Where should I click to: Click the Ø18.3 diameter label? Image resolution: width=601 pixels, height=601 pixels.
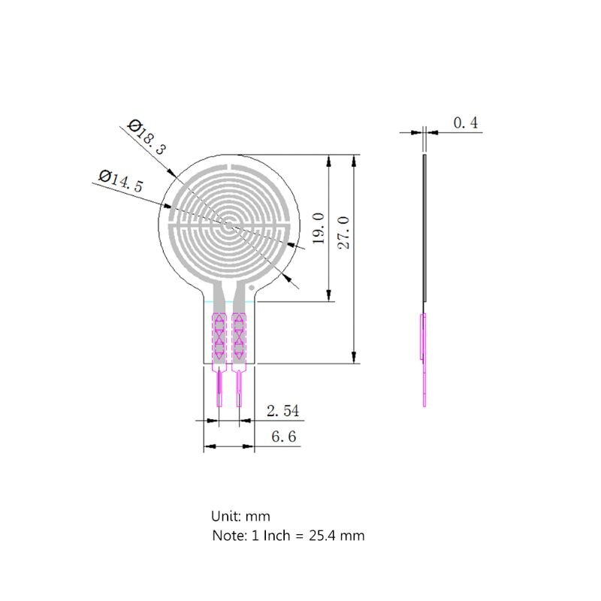tap(147, 136)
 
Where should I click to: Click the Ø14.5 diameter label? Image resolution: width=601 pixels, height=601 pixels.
tap(121, 181)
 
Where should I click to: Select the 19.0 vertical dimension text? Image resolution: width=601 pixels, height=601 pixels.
tap(318, 228)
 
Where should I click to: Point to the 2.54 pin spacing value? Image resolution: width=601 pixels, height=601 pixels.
tap(282, 411)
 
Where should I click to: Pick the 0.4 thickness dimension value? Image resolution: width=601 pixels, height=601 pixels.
tap(466, 123)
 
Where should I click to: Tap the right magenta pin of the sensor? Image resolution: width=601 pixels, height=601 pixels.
tap(239, 389)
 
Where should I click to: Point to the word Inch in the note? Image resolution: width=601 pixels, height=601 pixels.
tap(274, 536)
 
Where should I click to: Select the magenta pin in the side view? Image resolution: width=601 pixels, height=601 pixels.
tap(424, 361)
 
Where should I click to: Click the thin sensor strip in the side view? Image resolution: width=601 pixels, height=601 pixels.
tap(426, 225)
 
